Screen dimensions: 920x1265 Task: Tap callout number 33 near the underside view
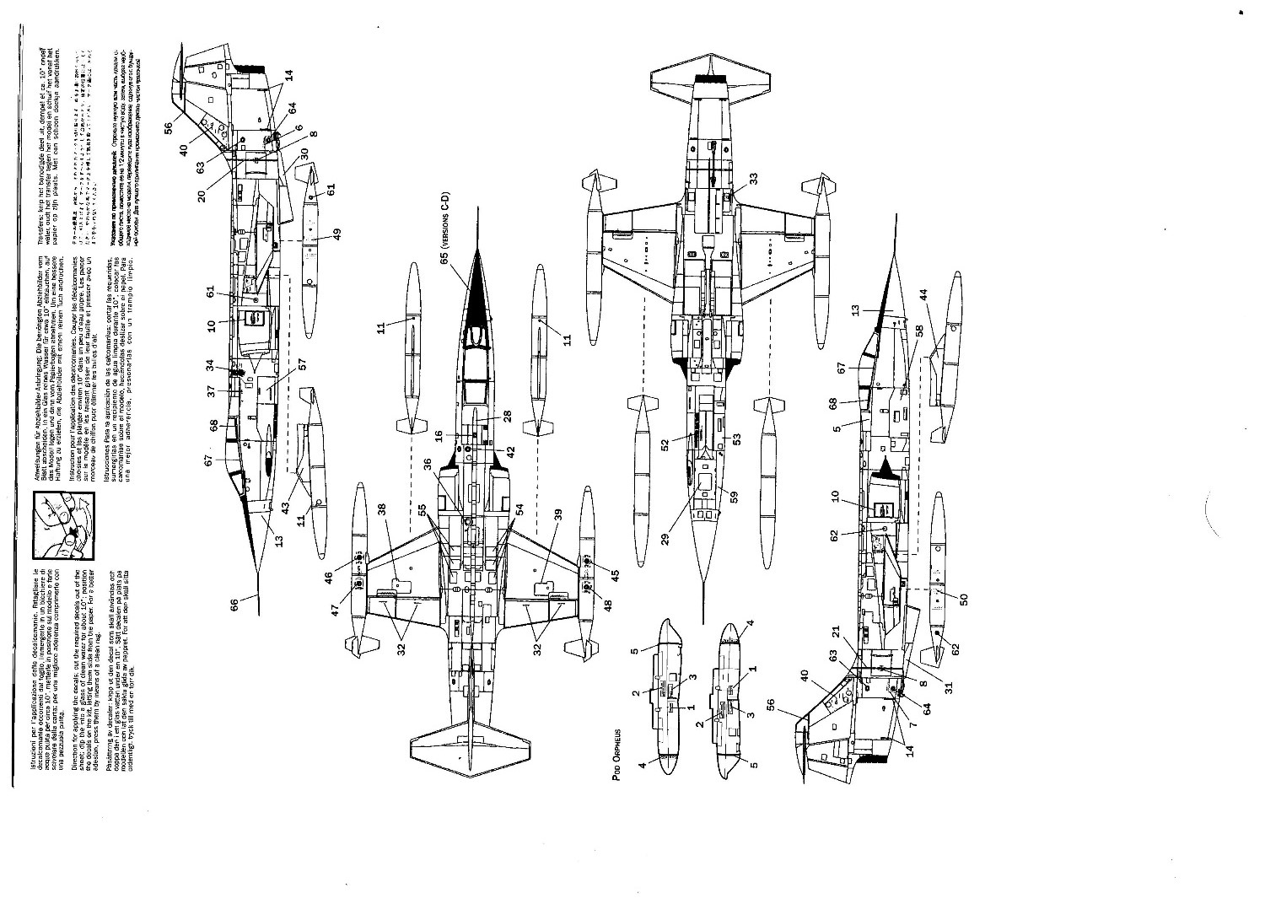pyautogui.click(x=753, y=179)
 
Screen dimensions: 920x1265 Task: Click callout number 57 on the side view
pyautogui.click(x=301, y=364)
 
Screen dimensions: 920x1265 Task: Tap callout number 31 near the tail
pyautogui.click(x=947, y=687)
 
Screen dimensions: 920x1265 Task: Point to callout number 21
pyautogui.click(x=836, y=631)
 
